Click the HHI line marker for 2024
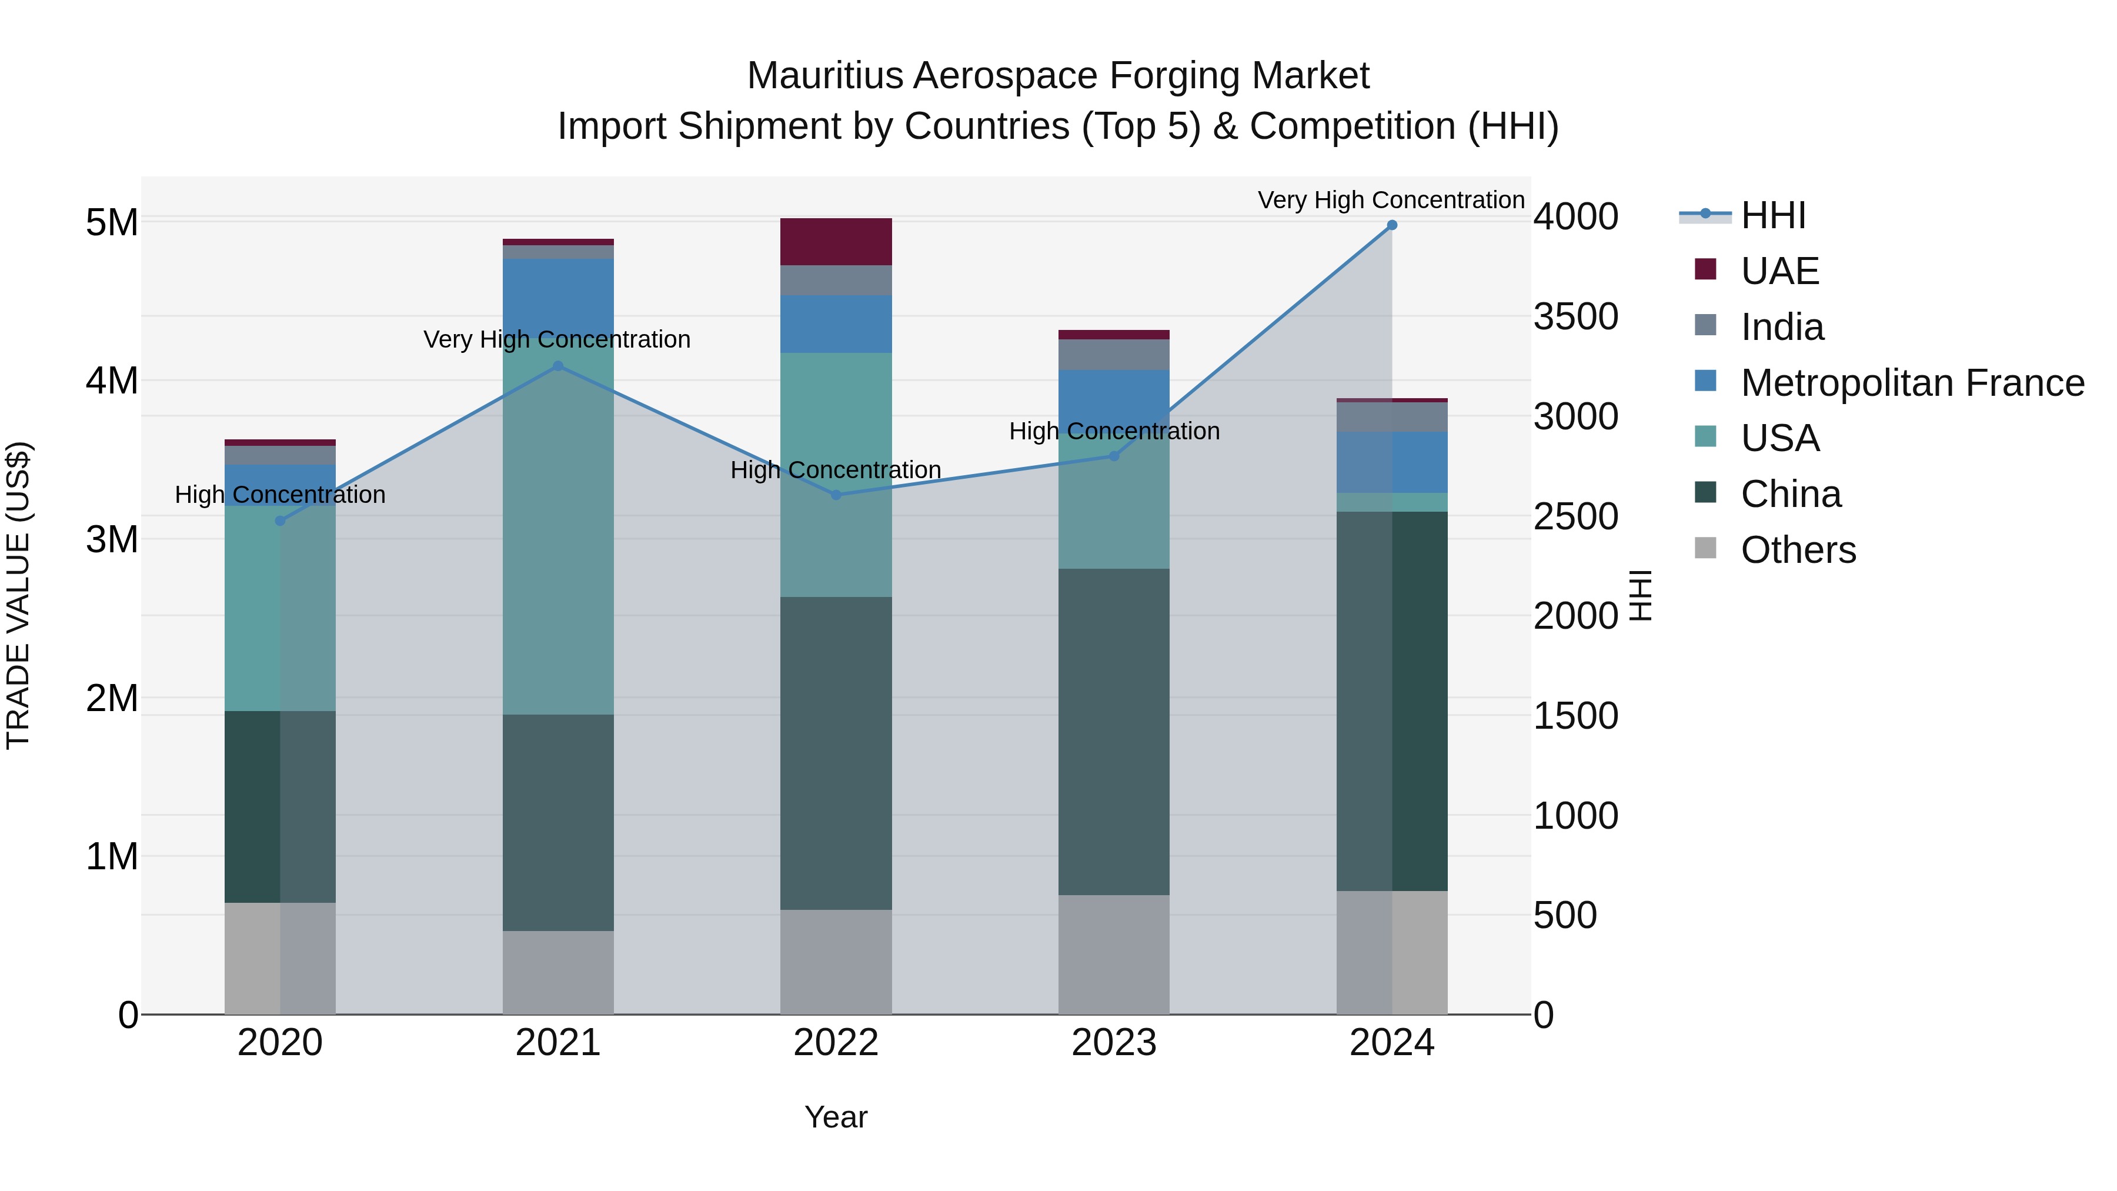pyautogui.click(x=1391, y=225)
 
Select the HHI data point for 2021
pyautogui.click(x=558, y=366)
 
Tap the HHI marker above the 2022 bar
pyautogui.click(x=836, y=495)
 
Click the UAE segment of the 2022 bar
pyautogui.click(x=836, y=242)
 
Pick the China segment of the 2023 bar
pyautogui.click(x=1114, y=732)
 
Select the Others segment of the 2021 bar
pyautogui.click(x=558, y=972)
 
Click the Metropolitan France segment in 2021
pyautogui.click(x=558, y=296)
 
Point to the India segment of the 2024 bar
pyautogui.click(x=1391, y=417)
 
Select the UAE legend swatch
pyautogui.click(x=1705, y=269)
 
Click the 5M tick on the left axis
pyautogui.click(x=112, y=222)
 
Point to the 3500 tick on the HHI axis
pyautogui.click(x=1575, y=316)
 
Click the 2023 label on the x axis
pyautogui.click(x=1114, y=1043)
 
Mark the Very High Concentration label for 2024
pyautogui.click(x=1391, y=200)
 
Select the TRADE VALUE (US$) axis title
pyautogui.click(x=18, y=595)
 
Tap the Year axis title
pyautogui.click(x=836, y=1117)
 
